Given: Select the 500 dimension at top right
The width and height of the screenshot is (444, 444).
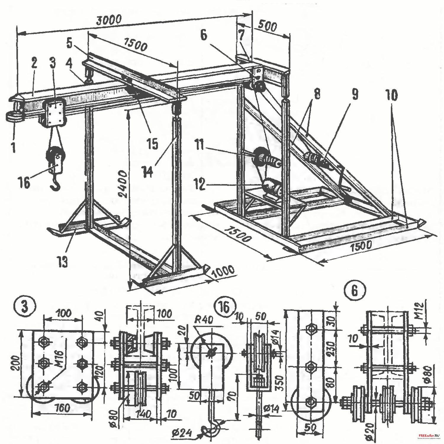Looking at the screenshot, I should click(267, 27).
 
